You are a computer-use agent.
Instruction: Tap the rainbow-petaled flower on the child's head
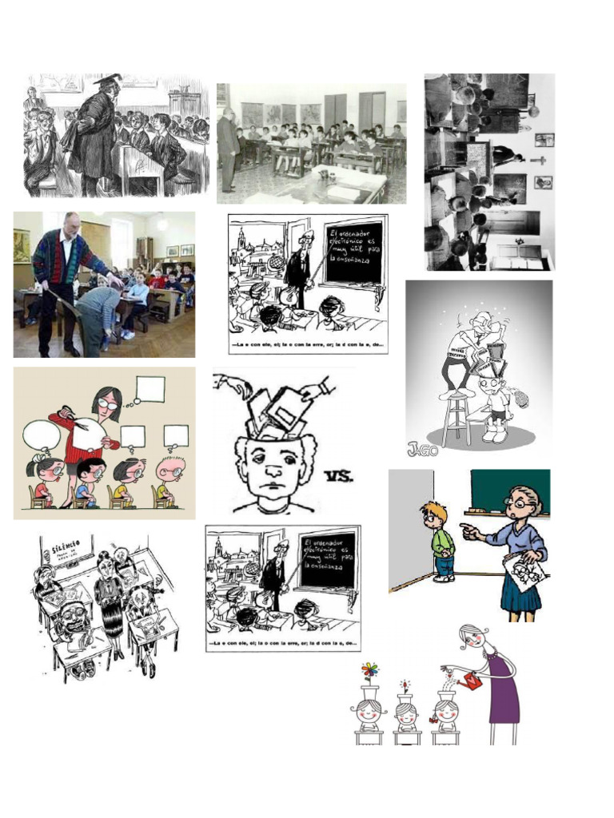point(369,669)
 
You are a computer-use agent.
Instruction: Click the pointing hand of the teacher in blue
point(468,528)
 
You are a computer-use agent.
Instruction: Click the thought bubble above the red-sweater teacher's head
point(150,389)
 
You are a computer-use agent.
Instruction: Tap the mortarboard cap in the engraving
point(107,80)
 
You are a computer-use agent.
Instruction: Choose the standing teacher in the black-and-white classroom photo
point(229,148)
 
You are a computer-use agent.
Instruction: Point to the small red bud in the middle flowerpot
point(405,685)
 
